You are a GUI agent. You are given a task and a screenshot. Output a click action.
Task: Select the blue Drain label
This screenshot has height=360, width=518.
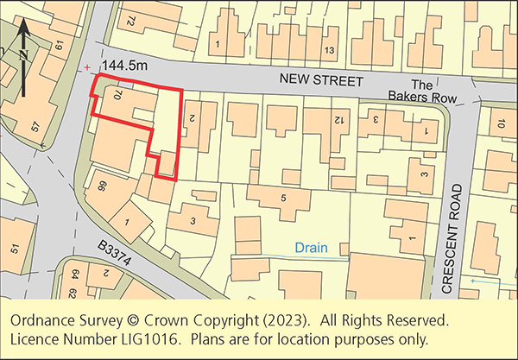(312, 247)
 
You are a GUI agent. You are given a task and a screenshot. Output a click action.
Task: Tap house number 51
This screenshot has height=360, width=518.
(15, 249)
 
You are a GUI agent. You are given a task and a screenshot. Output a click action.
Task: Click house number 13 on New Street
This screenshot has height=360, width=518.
(328, 51)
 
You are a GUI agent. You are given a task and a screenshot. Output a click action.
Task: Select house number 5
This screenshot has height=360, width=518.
(282, 198)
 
